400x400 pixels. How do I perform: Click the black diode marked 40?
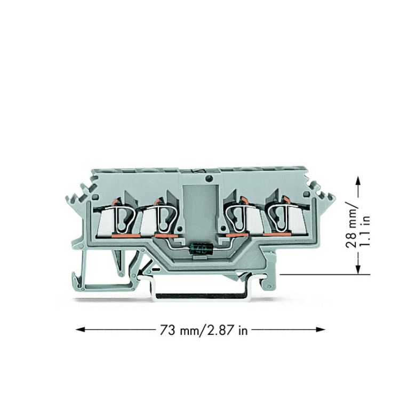coord(202,249)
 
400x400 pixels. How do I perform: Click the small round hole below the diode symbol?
coord(209,178)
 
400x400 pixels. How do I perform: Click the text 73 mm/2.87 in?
coord(204,330)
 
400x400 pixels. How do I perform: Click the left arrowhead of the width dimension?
coord(80,330)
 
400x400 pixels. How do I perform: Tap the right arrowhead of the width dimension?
coord(321,330)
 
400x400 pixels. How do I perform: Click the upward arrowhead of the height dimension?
coord(358,182)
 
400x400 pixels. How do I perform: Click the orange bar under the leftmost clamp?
coord(126,236)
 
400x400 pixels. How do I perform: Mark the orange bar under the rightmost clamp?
coord(277,234)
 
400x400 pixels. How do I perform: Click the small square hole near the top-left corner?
coord(94,197)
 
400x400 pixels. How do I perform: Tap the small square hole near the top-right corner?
coord(306,195)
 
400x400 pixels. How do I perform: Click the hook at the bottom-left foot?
coord(77,281)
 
